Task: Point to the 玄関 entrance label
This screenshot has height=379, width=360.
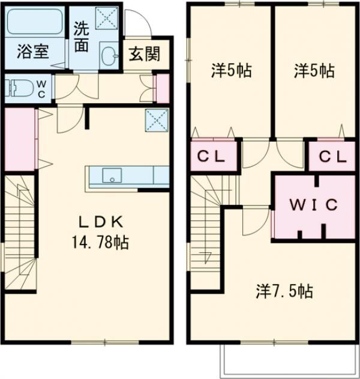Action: tap(145, 55)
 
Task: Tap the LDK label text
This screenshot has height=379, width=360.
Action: tap(102, 222)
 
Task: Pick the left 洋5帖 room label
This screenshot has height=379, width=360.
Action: tap(230, 71)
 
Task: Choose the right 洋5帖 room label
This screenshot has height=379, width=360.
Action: tap(314, 71)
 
